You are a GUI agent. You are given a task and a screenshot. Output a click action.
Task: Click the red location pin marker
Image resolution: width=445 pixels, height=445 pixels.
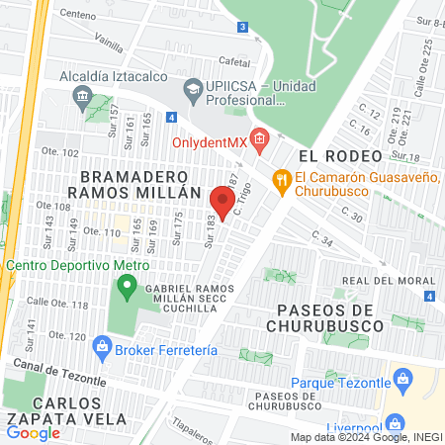coord(222,204)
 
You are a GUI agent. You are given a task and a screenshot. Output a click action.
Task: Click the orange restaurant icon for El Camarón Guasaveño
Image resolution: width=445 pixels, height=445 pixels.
coord(282,179)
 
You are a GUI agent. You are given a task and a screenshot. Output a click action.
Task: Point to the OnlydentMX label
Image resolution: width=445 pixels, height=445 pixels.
coord(210,140)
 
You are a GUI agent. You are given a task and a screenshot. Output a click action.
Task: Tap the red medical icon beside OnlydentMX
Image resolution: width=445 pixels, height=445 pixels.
coord(259,140)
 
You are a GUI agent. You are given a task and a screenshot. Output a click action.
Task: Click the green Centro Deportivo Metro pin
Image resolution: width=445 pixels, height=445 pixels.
coord(126,289)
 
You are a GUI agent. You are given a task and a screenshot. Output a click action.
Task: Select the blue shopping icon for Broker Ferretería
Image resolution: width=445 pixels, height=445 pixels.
coord(101,346)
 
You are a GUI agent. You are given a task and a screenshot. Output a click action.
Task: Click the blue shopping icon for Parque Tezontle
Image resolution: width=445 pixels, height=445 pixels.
coord(402,378)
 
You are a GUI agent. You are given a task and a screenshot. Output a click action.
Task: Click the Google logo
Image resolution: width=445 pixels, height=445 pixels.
coord(34,432)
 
